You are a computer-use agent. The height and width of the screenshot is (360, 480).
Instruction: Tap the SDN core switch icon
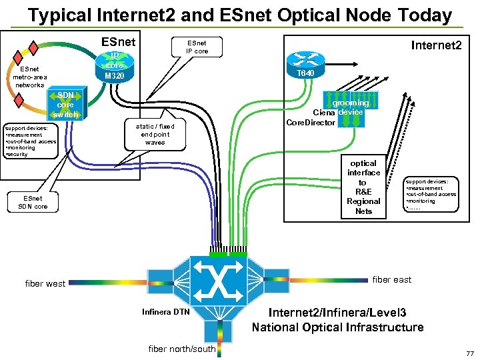pyautogui.click(x=65, y=105)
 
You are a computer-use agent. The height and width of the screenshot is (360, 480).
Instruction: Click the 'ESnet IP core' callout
pyautogui.click(x=197, y=47)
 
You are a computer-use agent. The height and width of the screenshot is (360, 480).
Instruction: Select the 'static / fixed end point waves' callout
pyautogui.click(x=155, y=134)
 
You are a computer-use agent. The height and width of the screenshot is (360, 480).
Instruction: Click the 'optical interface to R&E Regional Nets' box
pyautogui.click(x=363, y=187)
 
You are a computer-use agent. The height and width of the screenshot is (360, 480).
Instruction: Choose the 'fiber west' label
pyautogui.click(x=45, y=283)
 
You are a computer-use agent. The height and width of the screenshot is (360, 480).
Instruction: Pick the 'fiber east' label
pyautogui.click(x=391, y=279)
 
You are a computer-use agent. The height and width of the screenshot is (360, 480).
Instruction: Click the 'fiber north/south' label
pyautogui.click(x=182, y=349)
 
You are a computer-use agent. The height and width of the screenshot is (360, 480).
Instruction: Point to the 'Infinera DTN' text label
pyautogui.click(x=165, y=312)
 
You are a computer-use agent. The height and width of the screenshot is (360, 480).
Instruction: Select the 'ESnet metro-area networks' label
pyautogui.click(x=29, y=77)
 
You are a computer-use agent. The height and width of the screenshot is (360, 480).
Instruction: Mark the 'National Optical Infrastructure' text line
pyautogui.click(x=337, y=327)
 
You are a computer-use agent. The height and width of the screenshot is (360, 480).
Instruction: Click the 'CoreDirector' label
pyautogui.click(x=310, y=123)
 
